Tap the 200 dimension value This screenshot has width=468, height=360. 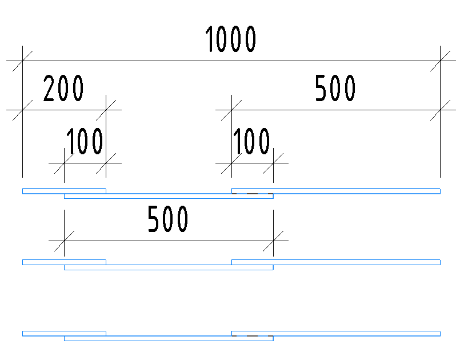[x=64, y=89]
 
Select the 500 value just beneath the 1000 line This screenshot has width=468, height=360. [x=335, y=89]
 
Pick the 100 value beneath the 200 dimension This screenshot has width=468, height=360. [x=85, y=142]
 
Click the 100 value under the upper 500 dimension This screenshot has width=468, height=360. [x=251, y=142]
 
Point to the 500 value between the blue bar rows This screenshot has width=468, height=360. [x=168, y=220]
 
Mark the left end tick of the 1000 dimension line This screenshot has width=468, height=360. [x=22, y=60]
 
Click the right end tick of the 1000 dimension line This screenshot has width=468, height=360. [x=440, y=60]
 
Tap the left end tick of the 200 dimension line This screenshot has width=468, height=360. [x=22, y=109]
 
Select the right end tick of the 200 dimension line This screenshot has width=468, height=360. [x=106, y=109]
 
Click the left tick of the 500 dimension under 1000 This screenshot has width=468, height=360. [x=231, y=109]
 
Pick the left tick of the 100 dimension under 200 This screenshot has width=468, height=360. [x=64, y=163]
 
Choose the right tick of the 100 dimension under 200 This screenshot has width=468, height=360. [x=106, y=163]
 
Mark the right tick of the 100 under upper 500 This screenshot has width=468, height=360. [x=273, y=163]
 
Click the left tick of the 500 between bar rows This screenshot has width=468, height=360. [x=64, y=240]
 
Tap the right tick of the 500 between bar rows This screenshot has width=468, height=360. [x=273, y=240]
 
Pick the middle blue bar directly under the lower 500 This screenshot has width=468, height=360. [x=169, y=267]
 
